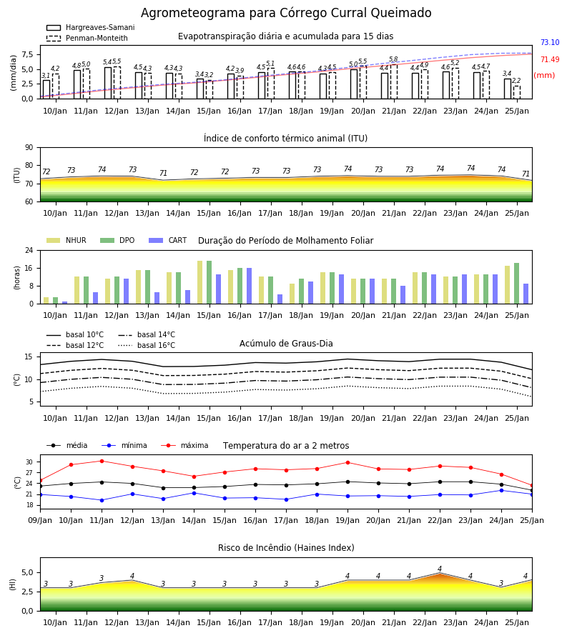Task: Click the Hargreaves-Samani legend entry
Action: click(x=90, y=27)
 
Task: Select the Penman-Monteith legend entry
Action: click(x=87, y=38)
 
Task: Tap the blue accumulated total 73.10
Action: click(x=550, y=42)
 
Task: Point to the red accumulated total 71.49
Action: click(x=550, y=59)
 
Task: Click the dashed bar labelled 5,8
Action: click(x=394, y=81)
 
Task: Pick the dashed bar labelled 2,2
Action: click(x=517, y=92)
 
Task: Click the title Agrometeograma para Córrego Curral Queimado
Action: click(x=286, y=13)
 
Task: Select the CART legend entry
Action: click(x=168, y=240)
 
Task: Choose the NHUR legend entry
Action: click(x=66, y=240)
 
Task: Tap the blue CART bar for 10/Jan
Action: click(x=65, y=303)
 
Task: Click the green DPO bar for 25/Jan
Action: click(x=517, y=284)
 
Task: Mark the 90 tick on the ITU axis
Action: click(x=29, y=148)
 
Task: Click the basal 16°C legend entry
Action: click(x=147, y=345)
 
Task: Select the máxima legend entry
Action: click(x=184, y=445)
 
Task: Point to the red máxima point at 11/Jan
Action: click(x=102, y=461)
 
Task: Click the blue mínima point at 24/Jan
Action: click(x=501, y=490)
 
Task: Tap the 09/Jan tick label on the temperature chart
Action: click(x=40, y=520)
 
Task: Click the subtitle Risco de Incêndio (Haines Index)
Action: click(x=286, y=548)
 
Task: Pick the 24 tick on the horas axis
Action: click(x=29, y=250)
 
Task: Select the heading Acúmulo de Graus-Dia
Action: click(x=286, y=344)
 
